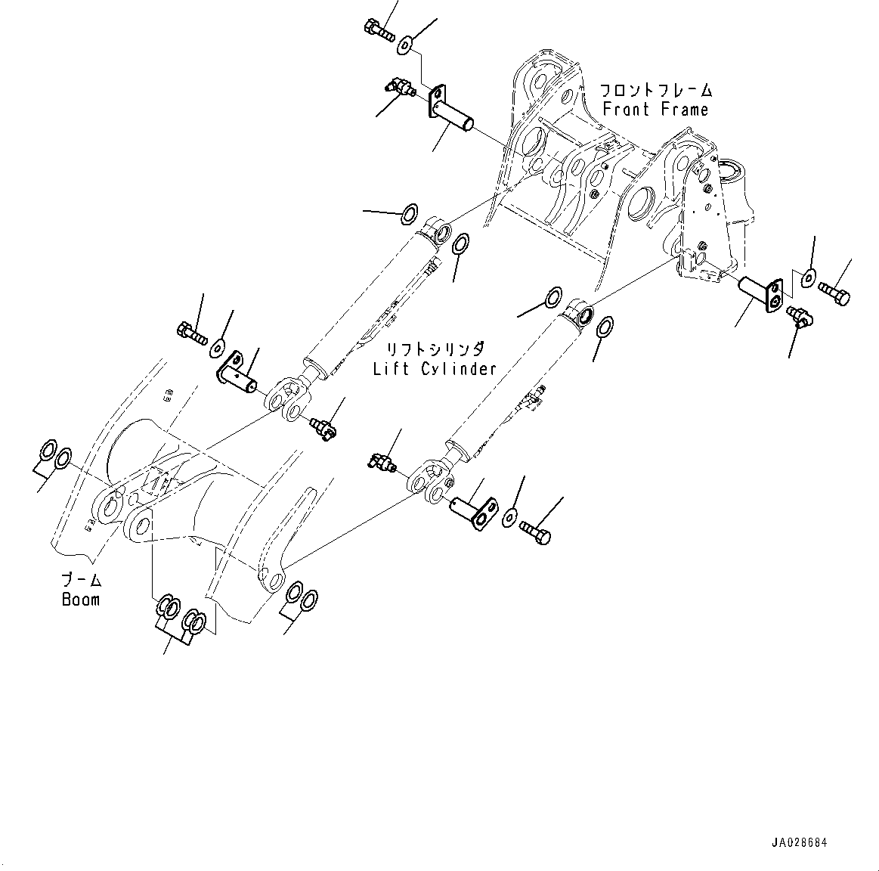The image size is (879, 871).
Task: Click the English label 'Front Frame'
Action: point(655,110)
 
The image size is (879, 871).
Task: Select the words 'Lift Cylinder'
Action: point(435,369)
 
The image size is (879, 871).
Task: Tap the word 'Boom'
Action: point(80,600)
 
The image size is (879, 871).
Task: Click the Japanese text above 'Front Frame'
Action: point(655,90)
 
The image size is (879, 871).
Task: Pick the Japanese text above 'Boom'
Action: point(81,581)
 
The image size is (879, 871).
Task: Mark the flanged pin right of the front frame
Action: point(760,293)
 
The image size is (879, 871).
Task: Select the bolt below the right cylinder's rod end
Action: point(535,534)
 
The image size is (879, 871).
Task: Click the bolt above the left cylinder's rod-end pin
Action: point(193,333)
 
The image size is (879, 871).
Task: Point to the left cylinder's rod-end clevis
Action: point(288,397)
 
